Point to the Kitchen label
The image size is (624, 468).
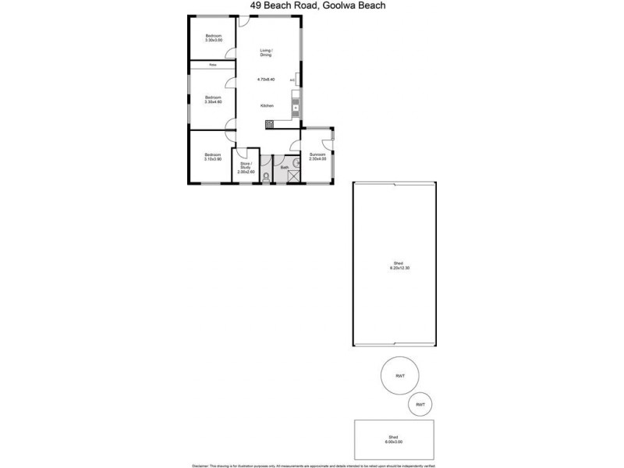pyautogui.click(x=267, y=105)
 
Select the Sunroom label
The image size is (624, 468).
pyautogui.click(x=317, y=154)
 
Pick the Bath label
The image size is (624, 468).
pyautogui.click(x=285, y=166)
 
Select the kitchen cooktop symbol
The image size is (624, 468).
pyautogui.click(x=269, y=123)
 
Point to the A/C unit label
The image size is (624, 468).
pyautogui.click(x=292, y=80)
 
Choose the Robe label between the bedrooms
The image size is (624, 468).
pyautogui.click(x=212, y=66)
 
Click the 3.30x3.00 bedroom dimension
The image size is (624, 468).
pyautogui.click(x=214, y=41)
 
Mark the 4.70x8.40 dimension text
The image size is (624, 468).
pyautogui.click(x=267, y=79)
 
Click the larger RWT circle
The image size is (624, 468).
pyautogui.click(x=400, y=376)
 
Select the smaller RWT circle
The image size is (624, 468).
pyautogui.click(x=420, y=404)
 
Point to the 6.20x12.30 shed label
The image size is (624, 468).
pyautogui.click(x=399, y=266)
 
